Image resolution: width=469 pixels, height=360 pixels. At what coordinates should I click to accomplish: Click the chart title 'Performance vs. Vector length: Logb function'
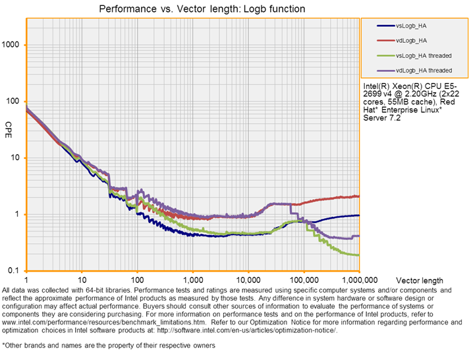click(192, 9)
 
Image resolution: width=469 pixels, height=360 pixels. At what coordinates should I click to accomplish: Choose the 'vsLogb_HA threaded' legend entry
click(423, 55)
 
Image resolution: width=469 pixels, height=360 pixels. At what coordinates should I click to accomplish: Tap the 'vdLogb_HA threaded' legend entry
click(423, 70)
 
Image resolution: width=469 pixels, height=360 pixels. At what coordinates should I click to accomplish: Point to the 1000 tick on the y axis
click(13, 45)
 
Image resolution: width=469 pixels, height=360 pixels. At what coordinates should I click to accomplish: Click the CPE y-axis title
click(9, 125)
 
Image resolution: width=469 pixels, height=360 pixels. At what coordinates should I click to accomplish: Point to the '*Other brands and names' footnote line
click(108, 345)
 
